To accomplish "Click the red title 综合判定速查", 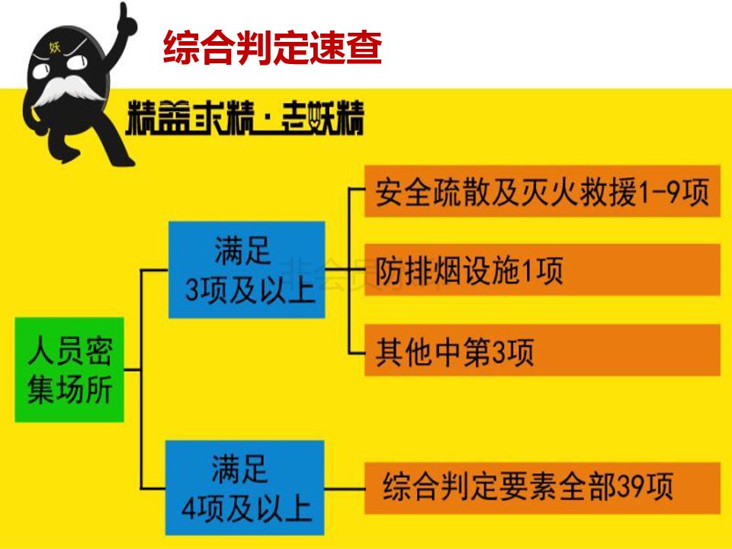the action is point(272,47).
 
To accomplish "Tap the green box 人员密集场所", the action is point(69,370).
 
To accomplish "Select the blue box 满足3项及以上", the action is point(247,269).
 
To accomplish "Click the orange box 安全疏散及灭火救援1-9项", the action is point(541,191).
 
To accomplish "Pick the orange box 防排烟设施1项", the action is point(541,270).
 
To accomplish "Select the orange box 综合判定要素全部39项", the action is point(541,487).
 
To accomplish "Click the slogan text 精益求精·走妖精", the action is point(245,119).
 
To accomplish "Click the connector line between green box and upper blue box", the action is point(141,320).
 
